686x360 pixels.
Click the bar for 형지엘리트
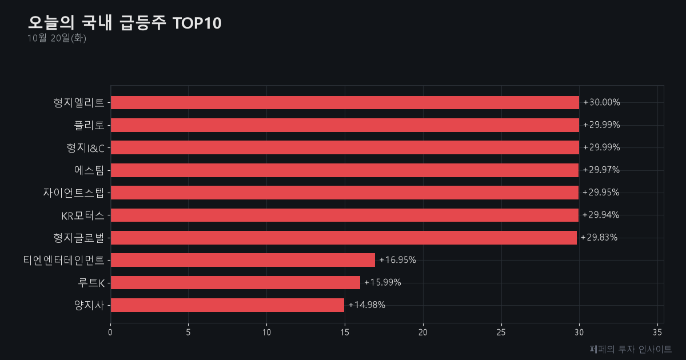[x=345, y=102]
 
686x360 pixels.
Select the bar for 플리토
[x=345, y=125]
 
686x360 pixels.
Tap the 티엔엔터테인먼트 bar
[x=243, y=260]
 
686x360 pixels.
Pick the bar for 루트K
[x=236, y=282]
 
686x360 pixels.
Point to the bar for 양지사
[x=228, y=305]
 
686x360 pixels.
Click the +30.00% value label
[x=601, y=102]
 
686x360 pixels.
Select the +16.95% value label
[x=397, y=260]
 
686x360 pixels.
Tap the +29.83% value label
[x=599, y=237]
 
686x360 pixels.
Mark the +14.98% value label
[x=366, y=305]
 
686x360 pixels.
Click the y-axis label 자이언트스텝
[x=74, y=193]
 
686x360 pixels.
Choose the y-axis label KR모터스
[x=83, y=215]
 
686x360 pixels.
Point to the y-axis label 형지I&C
[x=85, y=148]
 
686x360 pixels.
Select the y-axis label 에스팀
[x=89, y=170]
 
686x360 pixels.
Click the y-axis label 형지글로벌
[x=79, y=238]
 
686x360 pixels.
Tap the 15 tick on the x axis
[x=345, y=333]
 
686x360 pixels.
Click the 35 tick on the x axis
[x=657, y=333]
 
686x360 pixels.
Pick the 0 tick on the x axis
[x=110, y=333]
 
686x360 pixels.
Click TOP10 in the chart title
[x=197, y=23]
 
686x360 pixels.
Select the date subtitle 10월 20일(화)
[x=57, y=38]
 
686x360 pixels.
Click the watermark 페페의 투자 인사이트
[x=631, y=349]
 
